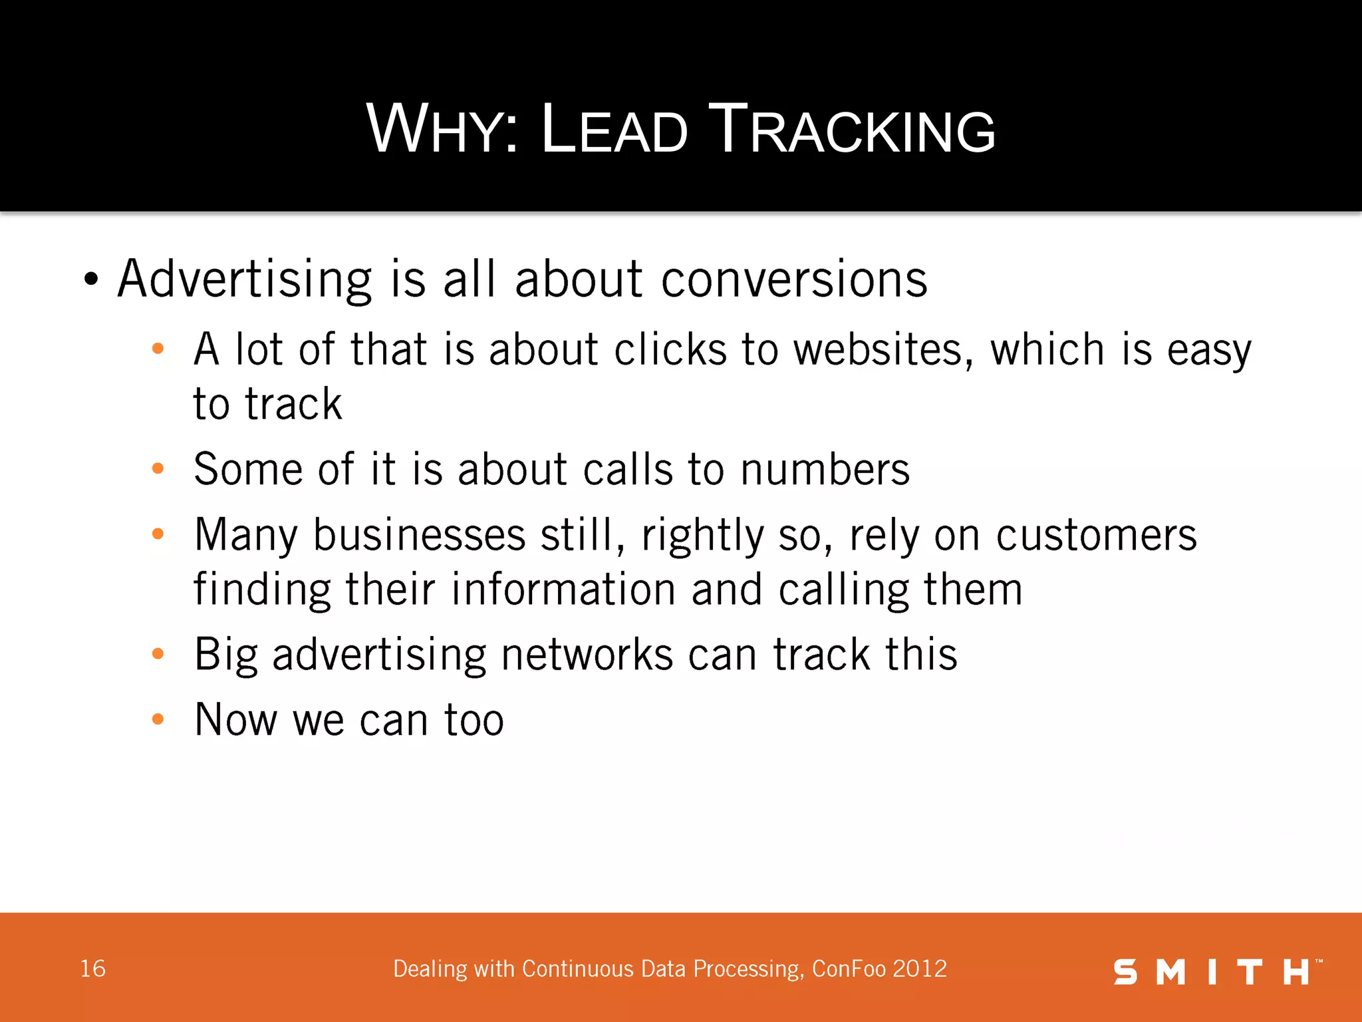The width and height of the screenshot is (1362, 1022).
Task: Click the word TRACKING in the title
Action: pyautogui.click(x=853, y=130)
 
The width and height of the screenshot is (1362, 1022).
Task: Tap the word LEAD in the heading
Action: pyautogui.click(x=614, y=130)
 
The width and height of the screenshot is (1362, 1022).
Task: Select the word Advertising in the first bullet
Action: pyautogui.click(x=245, y=279)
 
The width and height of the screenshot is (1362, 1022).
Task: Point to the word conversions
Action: pyautogui.click(x=794, y=279)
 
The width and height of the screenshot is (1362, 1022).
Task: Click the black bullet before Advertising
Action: pyautogui.click(x=91, y=279)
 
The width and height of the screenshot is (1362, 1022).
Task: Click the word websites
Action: pyautogui.click(x=884, y=350)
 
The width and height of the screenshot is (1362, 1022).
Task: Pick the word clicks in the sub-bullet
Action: pyautogui.click(x=670, y=350)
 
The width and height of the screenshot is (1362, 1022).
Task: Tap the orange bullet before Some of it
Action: pyautogui.click(x=158, y=468)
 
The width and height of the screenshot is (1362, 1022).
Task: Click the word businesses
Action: pyautogui.click(x=420, y=535)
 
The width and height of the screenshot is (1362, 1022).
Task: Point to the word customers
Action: pyautogui.click(x=1096, y=535)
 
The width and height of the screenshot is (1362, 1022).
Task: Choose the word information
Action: pyautogui.click(x=563, y=590)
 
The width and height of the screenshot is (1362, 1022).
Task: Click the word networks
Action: pyautogui.click(x=587, y=655)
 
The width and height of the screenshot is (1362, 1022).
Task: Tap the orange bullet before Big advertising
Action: pyautogui.click(x=158, y=653)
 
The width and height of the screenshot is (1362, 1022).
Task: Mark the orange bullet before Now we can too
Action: pyautogui.click(x=158, y=719)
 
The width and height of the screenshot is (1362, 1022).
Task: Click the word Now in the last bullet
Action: pyautogui.click(x=235, y=720)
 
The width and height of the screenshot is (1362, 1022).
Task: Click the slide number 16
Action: pyautogui.click(x=92, y=969)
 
